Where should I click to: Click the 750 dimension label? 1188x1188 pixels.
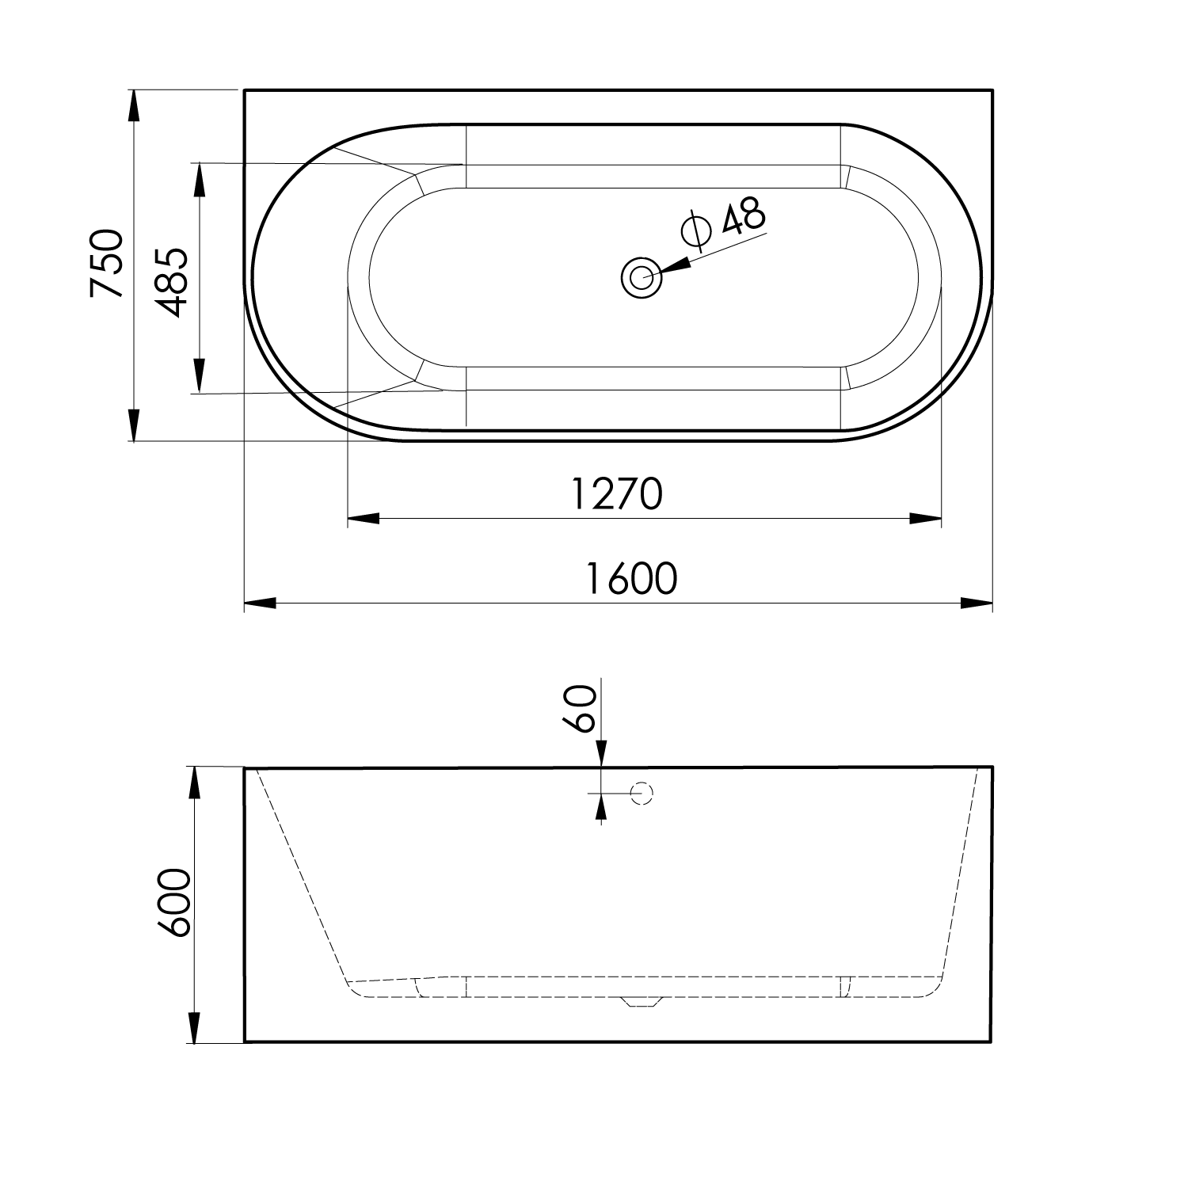tap(106, 263)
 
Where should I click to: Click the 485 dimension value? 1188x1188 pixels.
tap(170, 283)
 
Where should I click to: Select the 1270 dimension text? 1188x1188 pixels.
tap(615, 495)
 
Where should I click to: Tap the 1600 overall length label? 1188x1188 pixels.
tap(631, 578)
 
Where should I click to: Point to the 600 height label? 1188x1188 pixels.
tap(174, 903)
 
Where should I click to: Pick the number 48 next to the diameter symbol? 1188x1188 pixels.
tap(743, 215)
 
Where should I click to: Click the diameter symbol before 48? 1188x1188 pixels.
tap(696, 229)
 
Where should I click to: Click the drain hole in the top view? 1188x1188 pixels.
tap(642, 278)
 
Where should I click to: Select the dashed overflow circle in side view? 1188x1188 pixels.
tap(642, 794)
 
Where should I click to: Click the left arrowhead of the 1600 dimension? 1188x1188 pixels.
tap(260, 604)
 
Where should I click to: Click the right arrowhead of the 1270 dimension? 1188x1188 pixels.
tap(925, 519)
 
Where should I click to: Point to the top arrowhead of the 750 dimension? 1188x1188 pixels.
tap(134, 106)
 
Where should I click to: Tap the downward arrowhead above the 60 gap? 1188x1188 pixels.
tap(601, 753)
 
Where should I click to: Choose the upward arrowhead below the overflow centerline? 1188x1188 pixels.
tap(601, 807)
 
